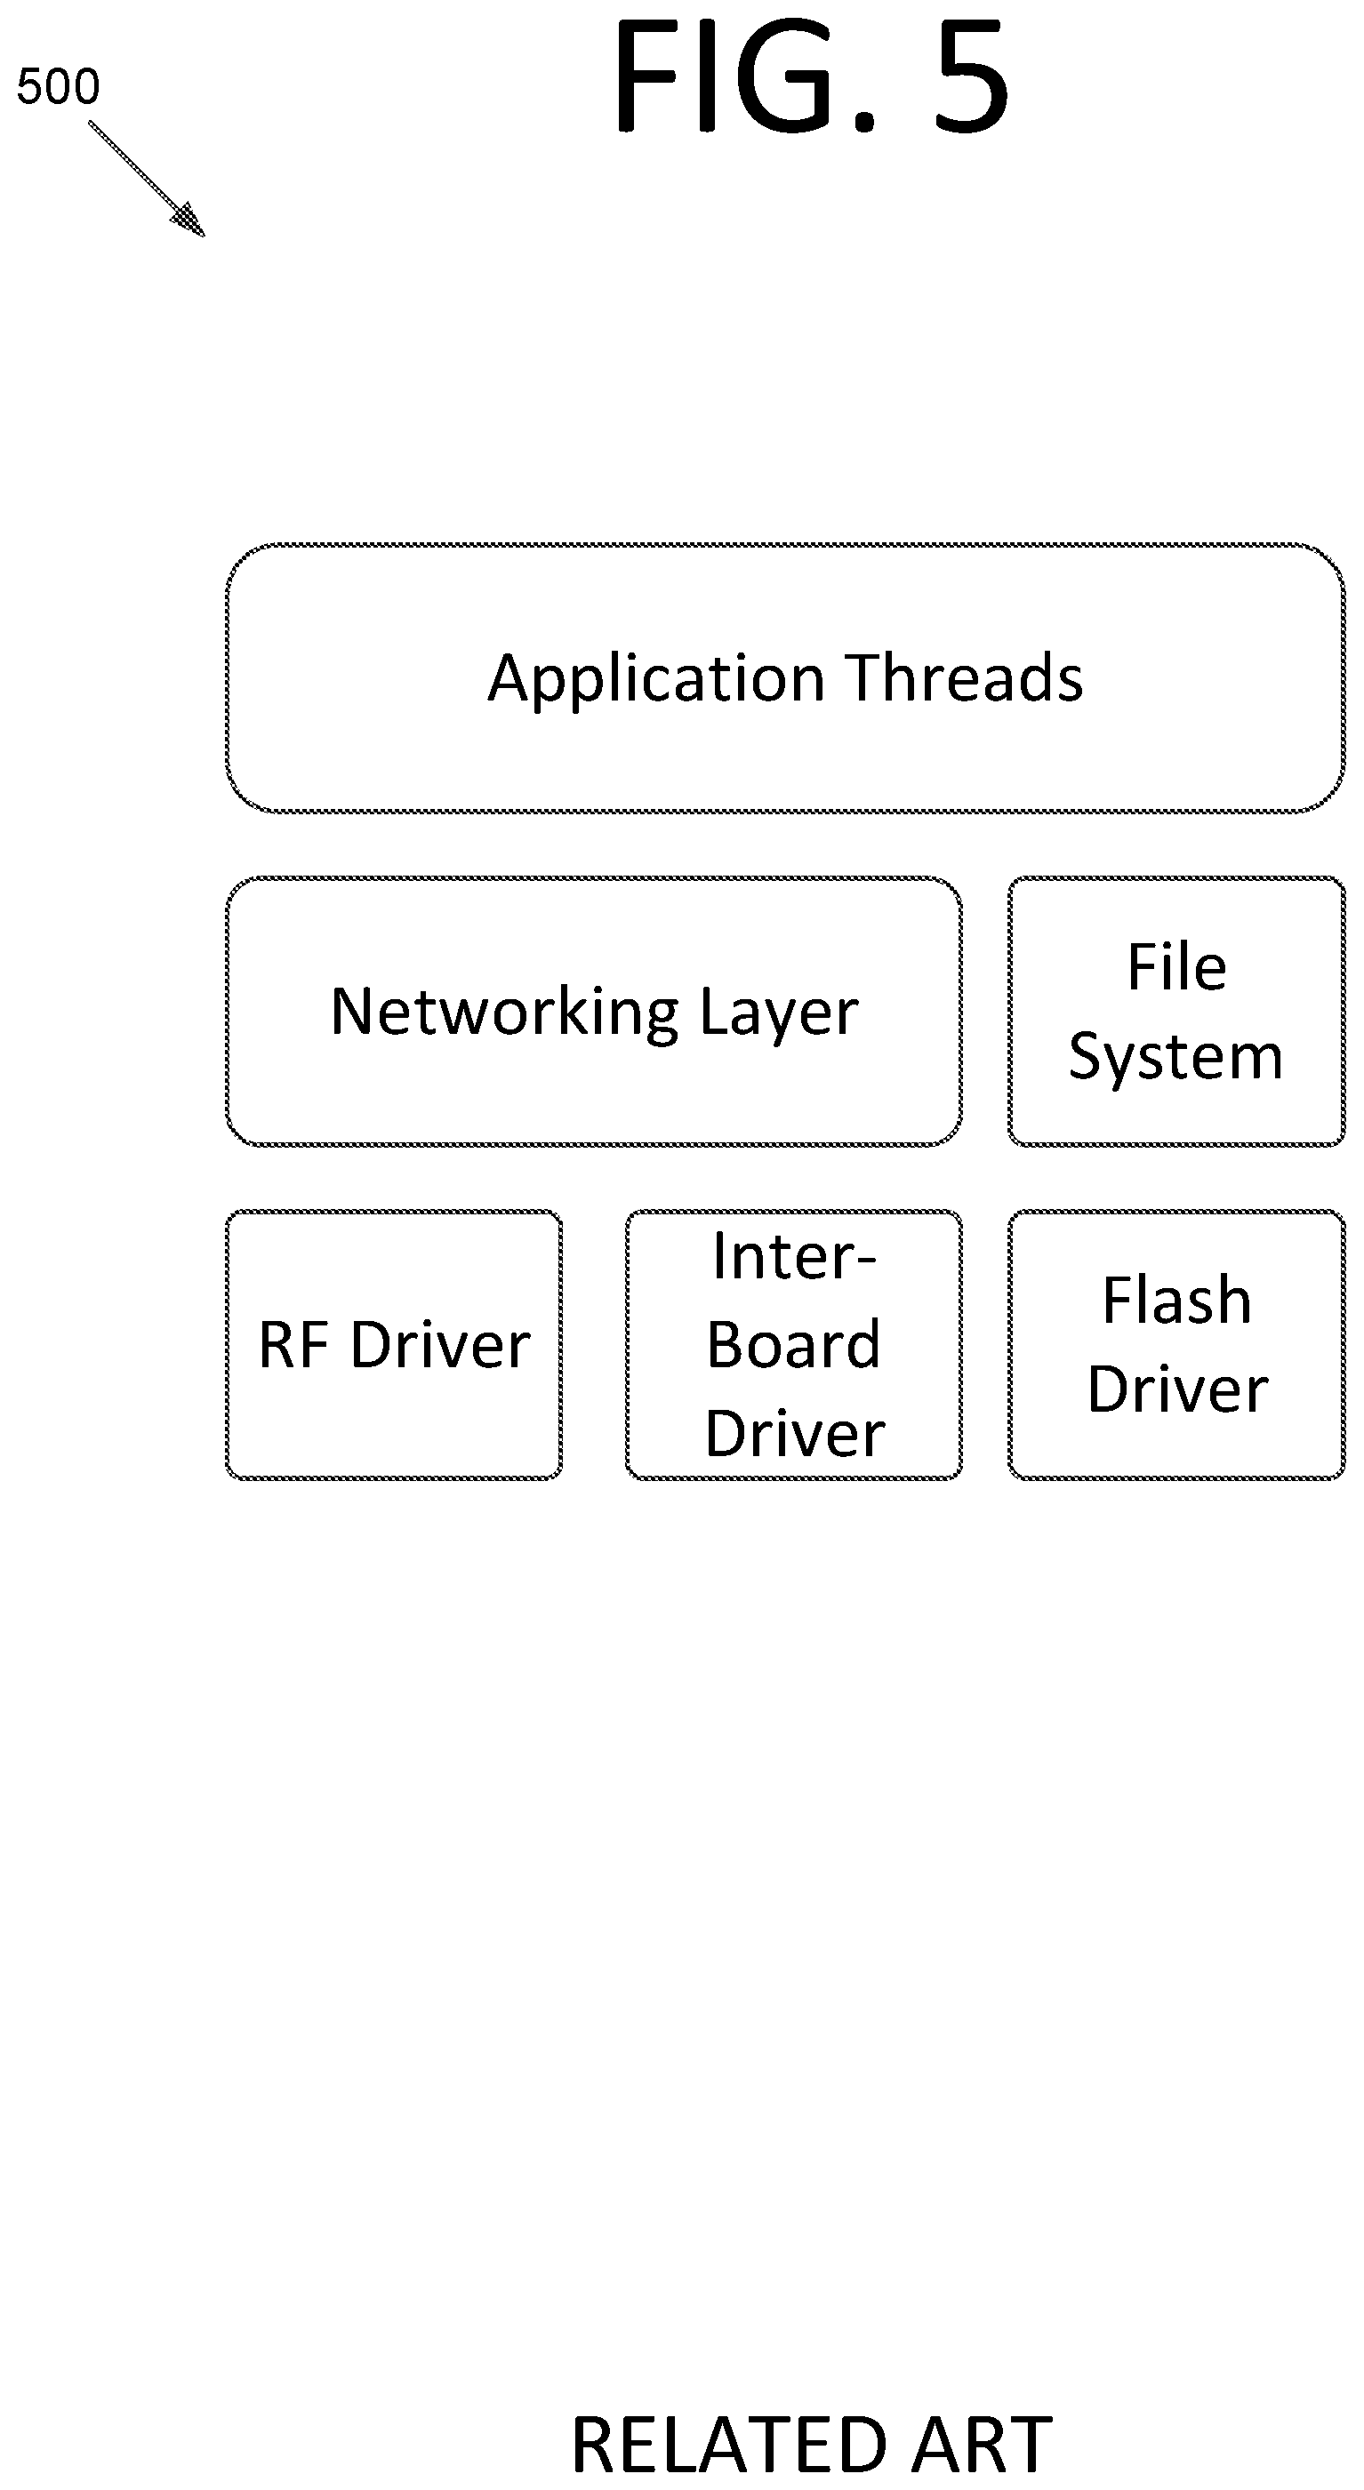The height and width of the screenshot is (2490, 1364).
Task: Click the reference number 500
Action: tap(58, 87)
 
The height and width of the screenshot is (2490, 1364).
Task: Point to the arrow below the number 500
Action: tap(147, 179)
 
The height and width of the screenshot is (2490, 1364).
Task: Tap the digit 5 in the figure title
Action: tap(971, 77)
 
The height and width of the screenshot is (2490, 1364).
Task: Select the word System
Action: tap(1175, 1058)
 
